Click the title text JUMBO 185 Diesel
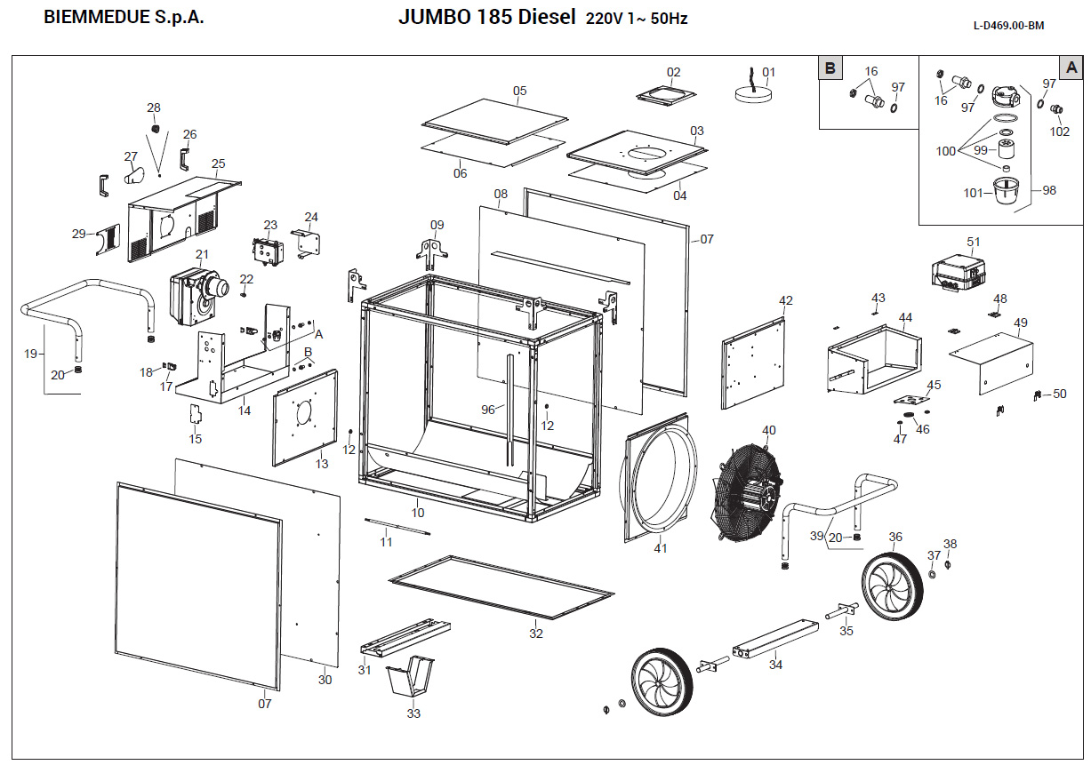click(486, 18)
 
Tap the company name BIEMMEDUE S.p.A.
click(124, 18)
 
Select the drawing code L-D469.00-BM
click(1008, 25)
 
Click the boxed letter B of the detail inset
click(830, 68)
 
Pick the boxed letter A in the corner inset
click(1071, 68)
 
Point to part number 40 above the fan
click(769, 431)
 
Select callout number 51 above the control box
click(974, 242)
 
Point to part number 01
click(769, 72)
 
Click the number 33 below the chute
click(413, 713)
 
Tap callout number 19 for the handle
click(31, 354)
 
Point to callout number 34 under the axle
click(775, 664)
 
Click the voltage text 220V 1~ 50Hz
click(637, 20)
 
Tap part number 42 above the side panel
click(785, 301)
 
